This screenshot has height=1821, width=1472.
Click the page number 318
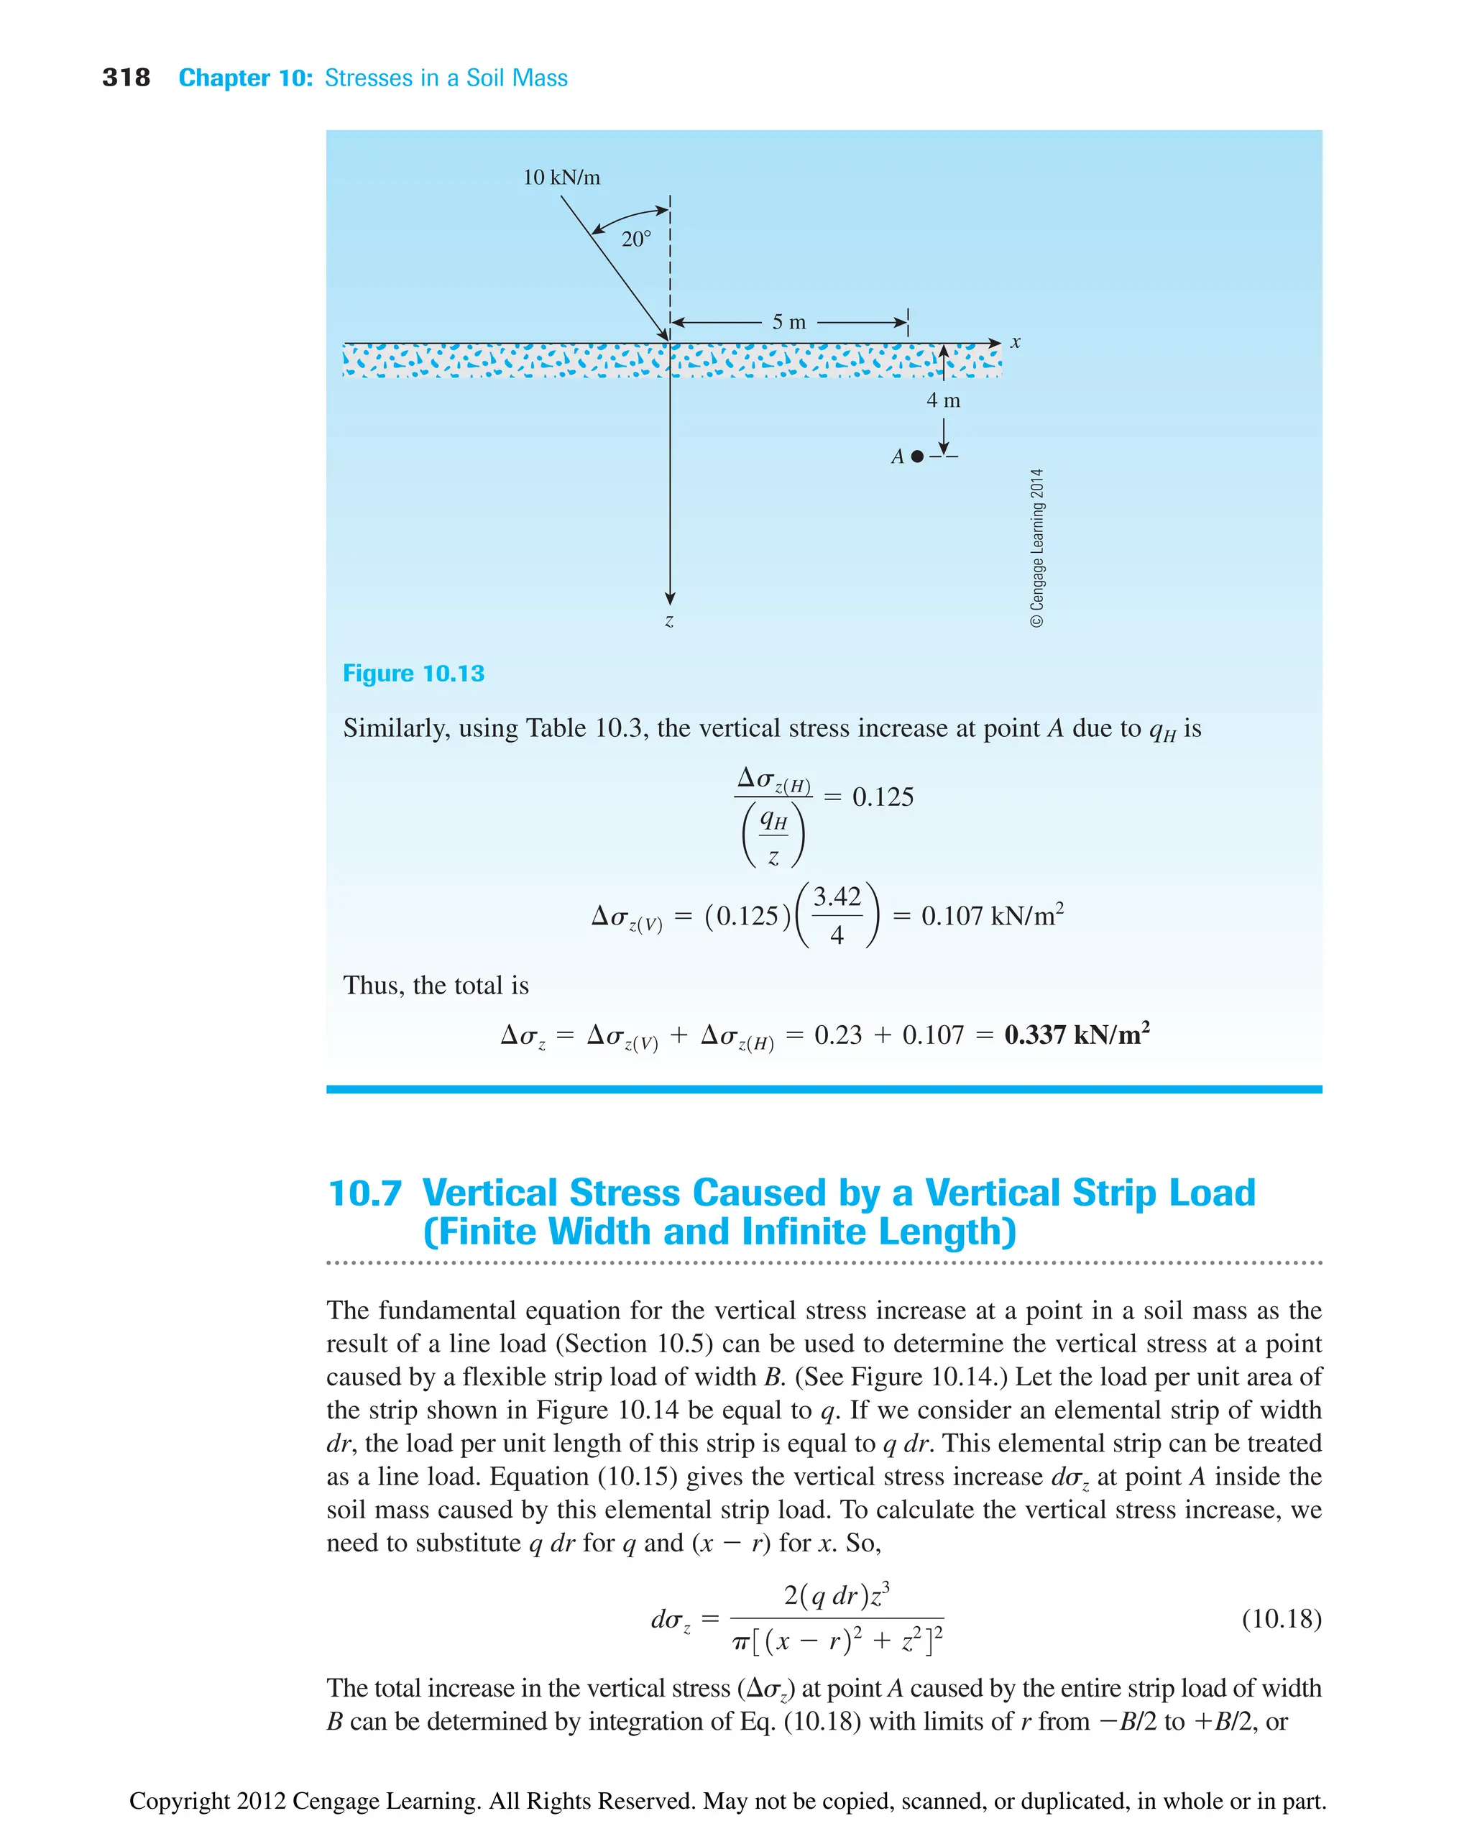tap(126, 78)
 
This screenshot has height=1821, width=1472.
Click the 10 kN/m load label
tap(561, 178)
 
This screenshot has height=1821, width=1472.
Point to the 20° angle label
tap(636, 239)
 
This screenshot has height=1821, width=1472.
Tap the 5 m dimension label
tap(788, 322)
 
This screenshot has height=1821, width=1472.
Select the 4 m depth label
tap(943, 400)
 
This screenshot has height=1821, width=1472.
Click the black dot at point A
tap(916, 457)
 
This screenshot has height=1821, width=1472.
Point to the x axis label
tap(1015, 343)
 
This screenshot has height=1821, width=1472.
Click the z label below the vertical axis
tap(669, 621)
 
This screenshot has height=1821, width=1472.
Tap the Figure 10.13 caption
tap(413, 674)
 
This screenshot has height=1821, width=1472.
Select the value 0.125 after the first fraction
tap(883, 797)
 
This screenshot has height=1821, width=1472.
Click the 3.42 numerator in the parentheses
tap(837, 896)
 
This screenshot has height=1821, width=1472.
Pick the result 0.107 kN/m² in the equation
tap(992, 916)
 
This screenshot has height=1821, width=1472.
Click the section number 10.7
tap(364, 1193)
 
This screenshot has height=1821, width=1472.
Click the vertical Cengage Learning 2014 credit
tap(1037, 547)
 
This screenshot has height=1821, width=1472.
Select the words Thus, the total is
tap(436, 986)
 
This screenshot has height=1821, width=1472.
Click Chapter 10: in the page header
tap(246, 78)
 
